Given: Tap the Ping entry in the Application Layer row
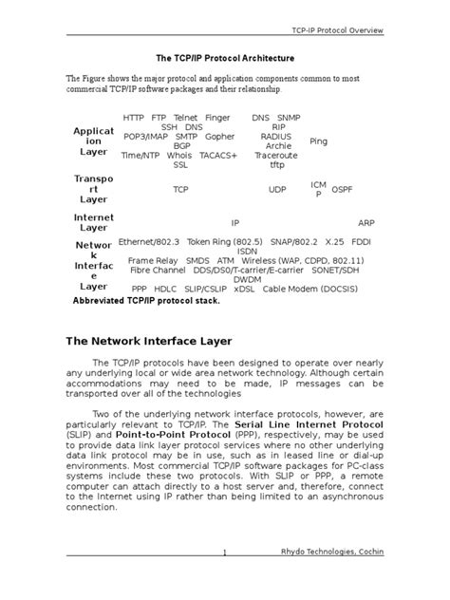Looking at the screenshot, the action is click(x=319, y=141).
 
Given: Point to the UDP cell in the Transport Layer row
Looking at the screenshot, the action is click(x=277, y=190).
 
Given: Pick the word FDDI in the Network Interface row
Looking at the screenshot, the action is click(x=366, y=242).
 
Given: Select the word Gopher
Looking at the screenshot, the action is click(x=221, y=136).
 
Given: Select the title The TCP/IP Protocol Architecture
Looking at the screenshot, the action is click(x=225, y=58).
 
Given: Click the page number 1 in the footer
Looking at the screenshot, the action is click(x=224, y=580).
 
